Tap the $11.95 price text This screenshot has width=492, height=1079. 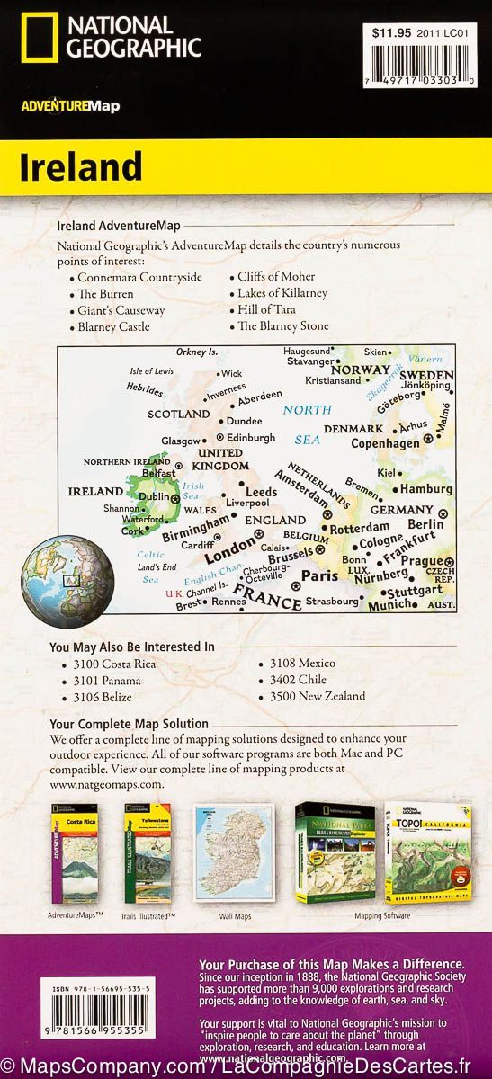click(x=392, y=32)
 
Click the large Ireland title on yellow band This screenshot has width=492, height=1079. click(x=82, y=167)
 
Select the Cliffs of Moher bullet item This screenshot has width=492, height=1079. click(x=282, y=277)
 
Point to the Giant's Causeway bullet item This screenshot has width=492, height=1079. click(x=121, y=310)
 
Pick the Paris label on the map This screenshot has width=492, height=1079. click(x=318, y=575)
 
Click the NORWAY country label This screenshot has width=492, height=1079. click(x=361, y=370)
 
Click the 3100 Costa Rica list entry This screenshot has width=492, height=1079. click(x=117, y=664)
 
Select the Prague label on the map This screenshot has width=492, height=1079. click(x=421, y=561)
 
